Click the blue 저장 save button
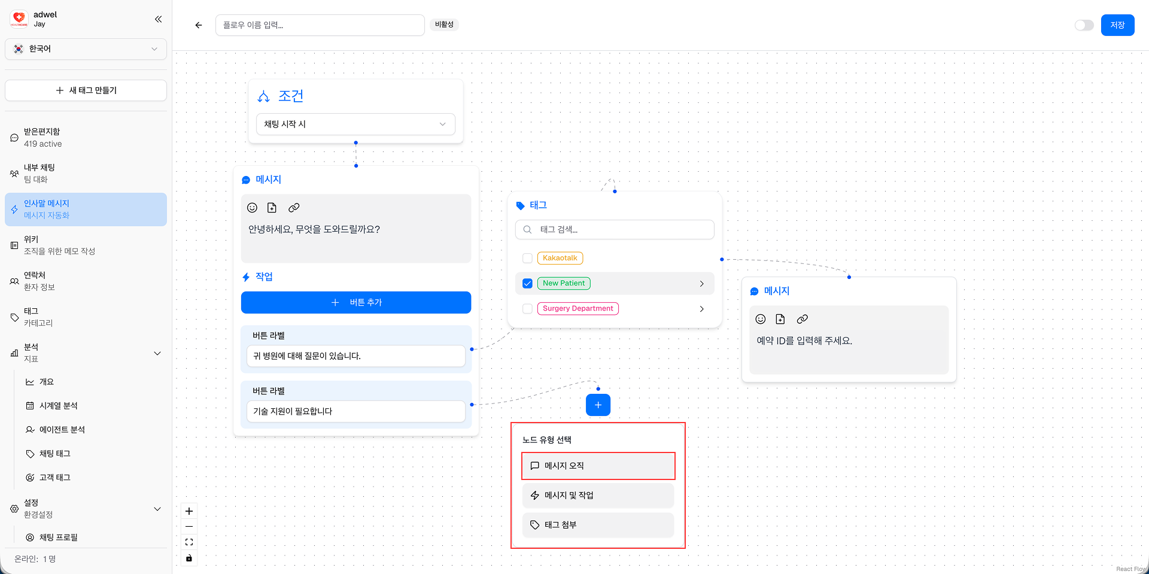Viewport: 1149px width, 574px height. coord(1117,25)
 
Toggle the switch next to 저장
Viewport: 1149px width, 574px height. coord(1084,25)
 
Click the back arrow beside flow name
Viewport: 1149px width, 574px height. coord(199,25)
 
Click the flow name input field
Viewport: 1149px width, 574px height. coord(320,25)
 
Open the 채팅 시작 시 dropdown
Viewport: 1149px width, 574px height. coord(355,124)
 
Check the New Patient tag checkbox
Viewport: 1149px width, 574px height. coord(527,284)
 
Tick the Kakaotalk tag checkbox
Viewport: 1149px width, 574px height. coord(527,259)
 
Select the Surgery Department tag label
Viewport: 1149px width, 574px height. coord(577,309)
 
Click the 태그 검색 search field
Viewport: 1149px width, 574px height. coord(615,230)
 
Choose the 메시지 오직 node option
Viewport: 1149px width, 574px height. coord(598,466)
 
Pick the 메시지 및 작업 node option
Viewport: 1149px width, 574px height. coord(598,496)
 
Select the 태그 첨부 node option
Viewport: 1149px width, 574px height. coord(598,525)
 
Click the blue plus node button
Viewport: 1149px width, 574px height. coord(598,405)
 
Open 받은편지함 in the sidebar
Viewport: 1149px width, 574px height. coord(42,138)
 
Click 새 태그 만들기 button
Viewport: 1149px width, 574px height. coord(86,90)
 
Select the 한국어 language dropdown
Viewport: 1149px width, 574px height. coord(86,49)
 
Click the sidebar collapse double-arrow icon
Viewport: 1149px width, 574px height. coord(158,19)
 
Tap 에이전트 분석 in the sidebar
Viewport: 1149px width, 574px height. coord(62,430)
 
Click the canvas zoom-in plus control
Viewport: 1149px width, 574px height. coord(189,511)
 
